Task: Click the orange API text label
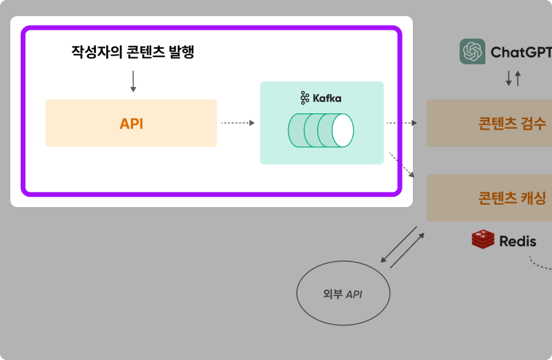[x=131, y=124]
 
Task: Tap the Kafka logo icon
[x=305, y=98]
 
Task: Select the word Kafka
[x=327, y=98]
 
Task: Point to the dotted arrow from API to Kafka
[x=237, y=122]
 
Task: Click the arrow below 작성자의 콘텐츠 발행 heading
[x=133, y=81]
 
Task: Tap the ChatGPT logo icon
[x=472, y=52]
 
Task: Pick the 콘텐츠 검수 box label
[x=512, y=124]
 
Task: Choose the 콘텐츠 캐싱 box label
[x=512, y=198]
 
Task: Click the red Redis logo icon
[x=483, y=239]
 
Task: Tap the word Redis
[x=517, y=241]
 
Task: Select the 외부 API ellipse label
[x=343, y=294]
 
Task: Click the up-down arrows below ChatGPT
[x=513, y=78]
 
